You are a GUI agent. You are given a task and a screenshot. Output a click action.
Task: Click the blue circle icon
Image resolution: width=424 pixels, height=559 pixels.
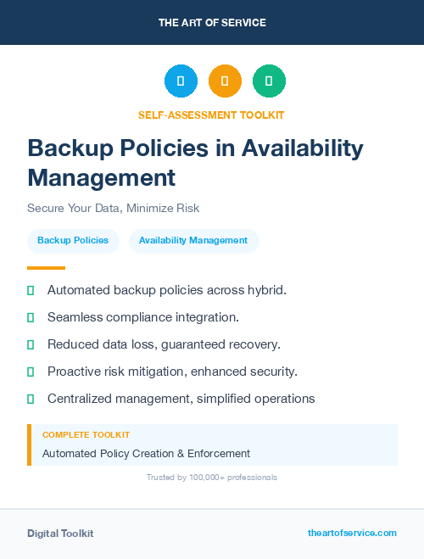click(x=181, y=81)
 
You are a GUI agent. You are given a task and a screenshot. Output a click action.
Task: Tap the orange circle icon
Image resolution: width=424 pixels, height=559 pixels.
click(x=225, y=81)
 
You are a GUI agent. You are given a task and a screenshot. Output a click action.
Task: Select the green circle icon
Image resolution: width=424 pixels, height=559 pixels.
click(x=269, y=81)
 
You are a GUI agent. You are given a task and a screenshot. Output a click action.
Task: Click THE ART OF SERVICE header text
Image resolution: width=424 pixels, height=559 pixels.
click(x=212, y=23)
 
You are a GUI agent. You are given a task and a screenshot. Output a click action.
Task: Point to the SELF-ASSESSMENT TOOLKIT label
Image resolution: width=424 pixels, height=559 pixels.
click(x=211, y=115)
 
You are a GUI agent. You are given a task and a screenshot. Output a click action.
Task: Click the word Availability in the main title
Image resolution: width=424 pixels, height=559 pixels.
click(x=302, y=148)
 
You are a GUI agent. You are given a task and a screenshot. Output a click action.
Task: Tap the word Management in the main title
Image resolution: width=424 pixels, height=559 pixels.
click(x=102, y=177)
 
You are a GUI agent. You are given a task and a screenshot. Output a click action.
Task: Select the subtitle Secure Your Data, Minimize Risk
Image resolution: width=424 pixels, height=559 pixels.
click(x=113, y=208)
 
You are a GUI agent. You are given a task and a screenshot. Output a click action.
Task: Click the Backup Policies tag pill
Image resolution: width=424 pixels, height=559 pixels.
click(x=73, y=241)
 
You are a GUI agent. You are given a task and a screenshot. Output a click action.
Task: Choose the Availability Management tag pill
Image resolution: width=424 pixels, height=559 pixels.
click(x=193, y=241)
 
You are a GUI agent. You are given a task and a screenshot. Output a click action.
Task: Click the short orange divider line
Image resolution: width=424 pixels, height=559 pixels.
click(x=46, y=268)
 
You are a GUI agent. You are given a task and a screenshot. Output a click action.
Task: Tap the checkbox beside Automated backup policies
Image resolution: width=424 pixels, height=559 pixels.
click(x=31, y=290)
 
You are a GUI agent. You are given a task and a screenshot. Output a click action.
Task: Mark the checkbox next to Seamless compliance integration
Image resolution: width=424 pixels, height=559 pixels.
click(x=31, y=317)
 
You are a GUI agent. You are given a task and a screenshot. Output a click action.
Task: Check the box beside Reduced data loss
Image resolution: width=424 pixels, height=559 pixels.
click(x=31, y=344)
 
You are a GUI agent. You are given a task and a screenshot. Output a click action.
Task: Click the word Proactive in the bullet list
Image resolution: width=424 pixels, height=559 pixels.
click(x=74, y=372)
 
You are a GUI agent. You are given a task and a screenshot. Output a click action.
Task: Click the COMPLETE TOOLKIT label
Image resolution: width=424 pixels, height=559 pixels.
click(x=86, y=435)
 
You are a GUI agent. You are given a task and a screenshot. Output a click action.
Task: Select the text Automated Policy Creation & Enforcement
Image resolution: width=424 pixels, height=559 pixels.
click(x=146, y=454)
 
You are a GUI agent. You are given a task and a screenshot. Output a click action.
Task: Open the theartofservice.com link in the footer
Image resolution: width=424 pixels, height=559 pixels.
click(x=352, y=533)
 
